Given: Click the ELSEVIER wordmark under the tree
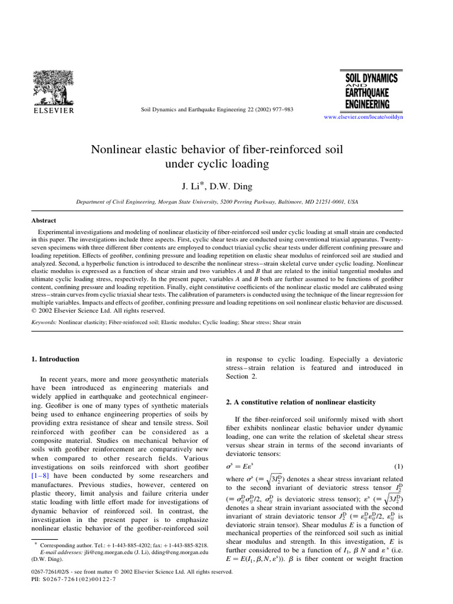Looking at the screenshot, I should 53,110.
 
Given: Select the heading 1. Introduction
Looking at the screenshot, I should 55,359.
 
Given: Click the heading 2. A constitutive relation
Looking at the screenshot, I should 301,402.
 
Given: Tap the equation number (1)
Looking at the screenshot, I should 398,467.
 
